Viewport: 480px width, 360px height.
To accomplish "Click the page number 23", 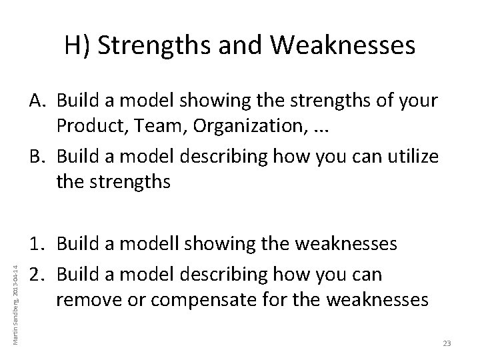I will coord(447,343).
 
